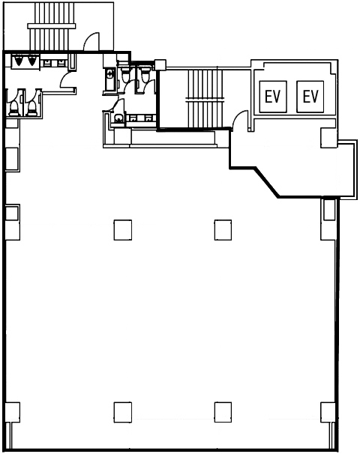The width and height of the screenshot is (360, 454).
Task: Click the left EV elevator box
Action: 273,97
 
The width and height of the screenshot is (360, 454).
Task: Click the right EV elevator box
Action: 310,97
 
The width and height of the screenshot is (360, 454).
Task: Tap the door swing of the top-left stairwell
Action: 91,41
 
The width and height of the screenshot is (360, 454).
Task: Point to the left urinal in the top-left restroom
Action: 19,60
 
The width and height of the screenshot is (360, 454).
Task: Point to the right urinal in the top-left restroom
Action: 31,60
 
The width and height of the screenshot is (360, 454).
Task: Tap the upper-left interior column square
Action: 122,230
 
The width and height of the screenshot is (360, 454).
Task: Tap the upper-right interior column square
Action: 223,230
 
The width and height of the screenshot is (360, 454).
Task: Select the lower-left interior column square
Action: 122,412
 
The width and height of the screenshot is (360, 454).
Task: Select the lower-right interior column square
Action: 223,412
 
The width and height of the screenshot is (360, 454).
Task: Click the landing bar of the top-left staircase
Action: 52,26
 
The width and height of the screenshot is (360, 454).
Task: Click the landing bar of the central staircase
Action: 205,100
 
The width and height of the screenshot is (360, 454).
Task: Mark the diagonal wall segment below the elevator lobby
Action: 267,183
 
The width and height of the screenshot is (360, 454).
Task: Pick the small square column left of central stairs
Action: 160,64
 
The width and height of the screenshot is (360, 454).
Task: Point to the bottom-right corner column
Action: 328,412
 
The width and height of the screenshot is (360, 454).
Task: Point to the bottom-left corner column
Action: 13,412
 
